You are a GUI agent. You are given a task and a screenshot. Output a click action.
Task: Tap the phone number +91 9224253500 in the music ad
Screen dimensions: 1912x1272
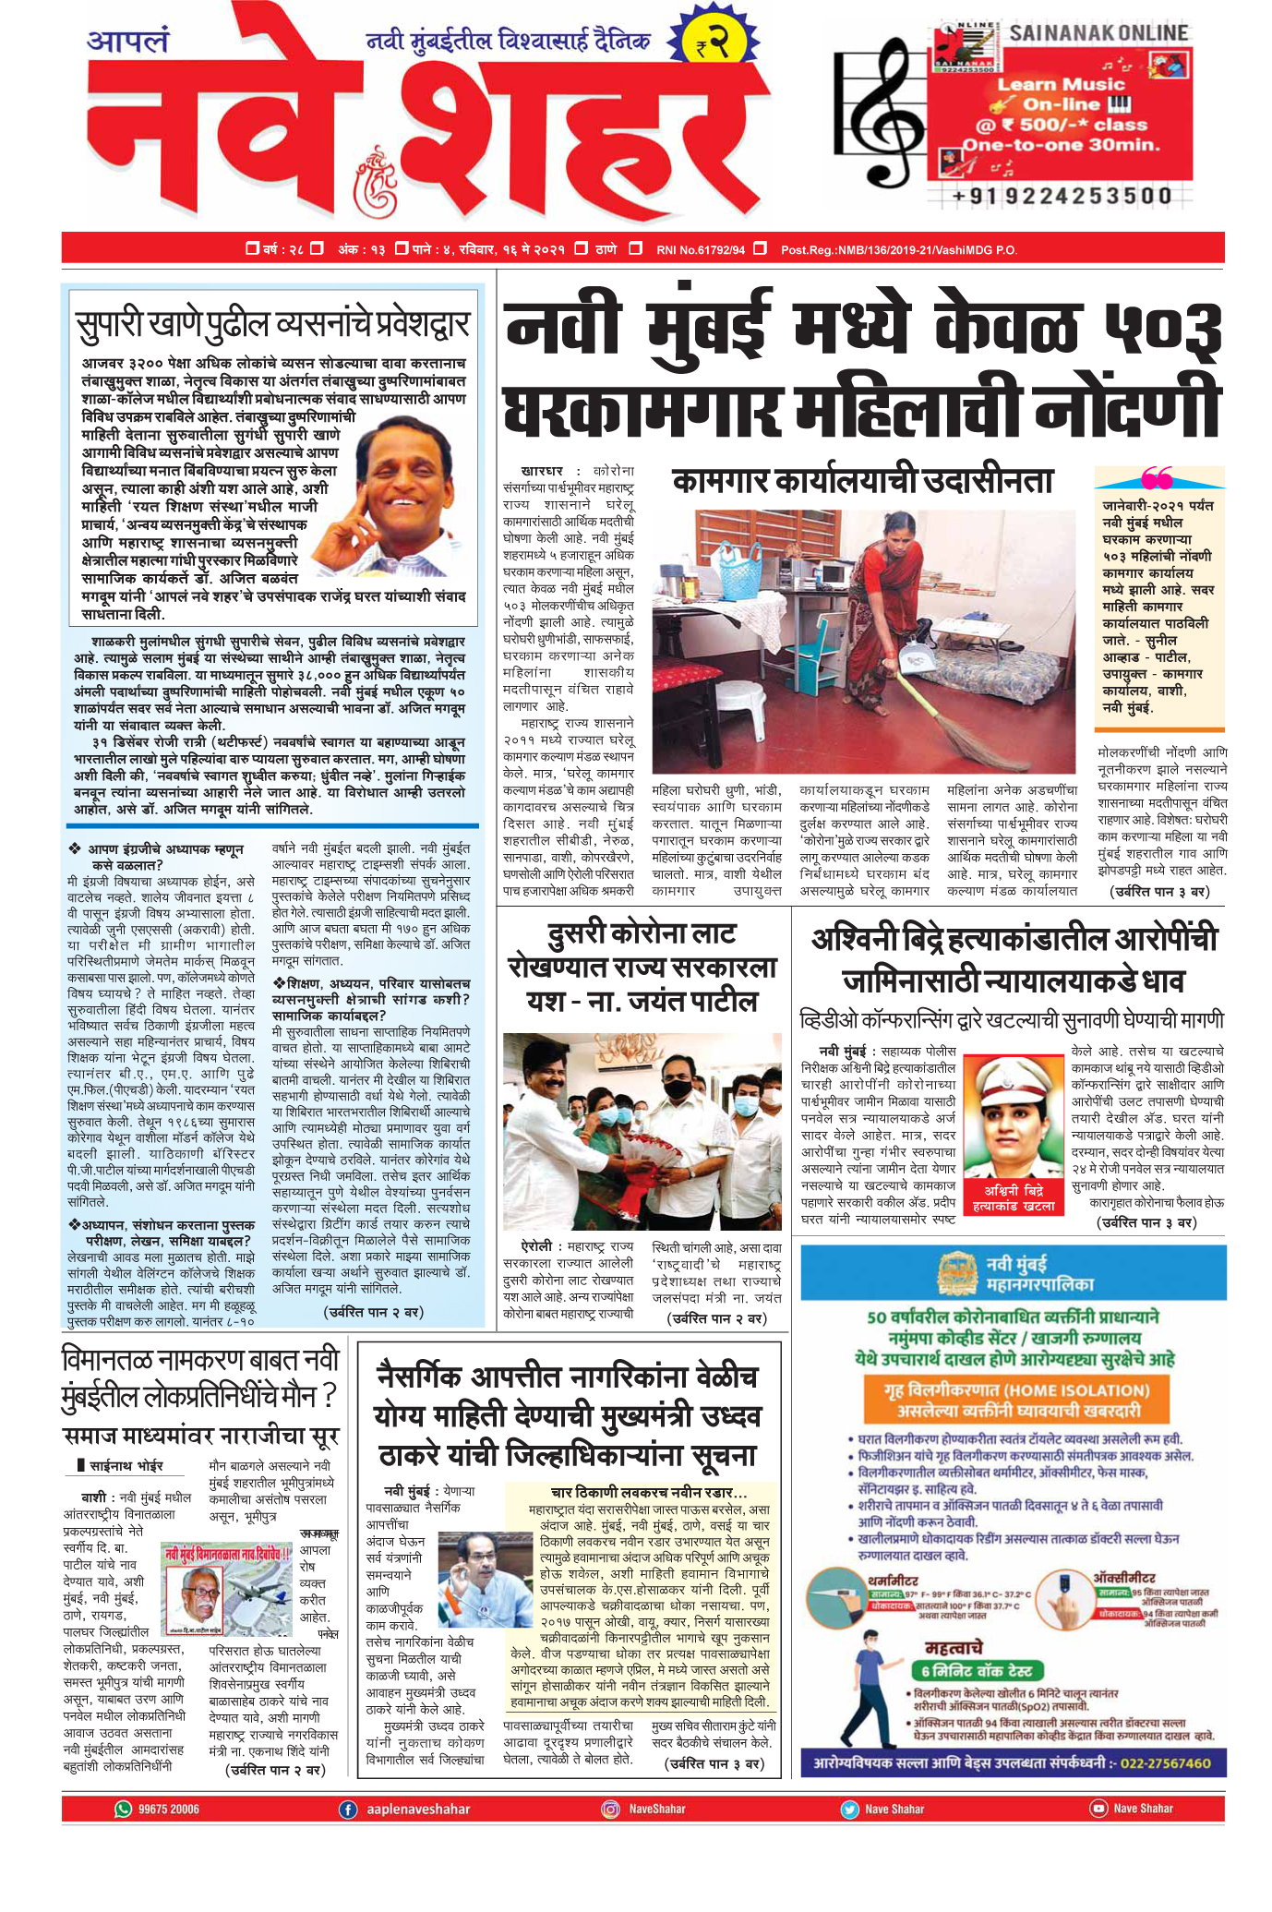point(1062,196)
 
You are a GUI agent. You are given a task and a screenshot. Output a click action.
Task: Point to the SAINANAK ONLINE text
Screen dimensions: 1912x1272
point(1098,33)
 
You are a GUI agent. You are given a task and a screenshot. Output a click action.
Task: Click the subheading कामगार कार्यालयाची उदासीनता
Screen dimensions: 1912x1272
point(862,482)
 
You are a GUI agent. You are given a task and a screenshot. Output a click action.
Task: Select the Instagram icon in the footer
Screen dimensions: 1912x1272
point(610,1834)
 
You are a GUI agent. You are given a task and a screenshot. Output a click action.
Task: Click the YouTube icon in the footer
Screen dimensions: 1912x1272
point(1098,1834)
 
